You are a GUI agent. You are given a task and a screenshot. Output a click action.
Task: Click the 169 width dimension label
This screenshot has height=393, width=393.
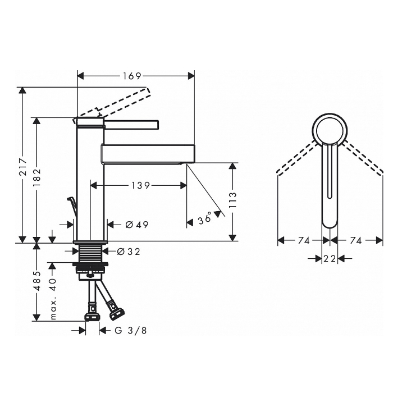(132, 76)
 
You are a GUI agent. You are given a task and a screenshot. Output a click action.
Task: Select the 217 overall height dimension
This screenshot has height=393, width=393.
(23, 166)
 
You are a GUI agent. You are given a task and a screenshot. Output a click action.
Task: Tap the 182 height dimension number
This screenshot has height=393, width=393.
(37, 177)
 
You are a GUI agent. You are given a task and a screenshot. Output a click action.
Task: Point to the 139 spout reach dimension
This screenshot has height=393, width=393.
(140, 185)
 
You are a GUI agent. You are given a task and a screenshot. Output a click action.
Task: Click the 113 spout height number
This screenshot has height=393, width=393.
(232, 200)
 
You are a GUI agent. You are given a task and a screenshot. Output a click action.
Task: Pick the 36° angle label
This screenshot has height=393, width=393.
(205, 218)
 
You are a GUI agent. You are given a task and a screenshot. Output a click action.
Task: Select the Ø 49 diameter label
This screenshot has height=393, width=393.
(137, 225)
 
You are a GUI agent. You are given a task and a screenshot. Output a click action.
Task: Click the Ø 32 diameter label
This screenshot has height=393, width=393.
(129, 252)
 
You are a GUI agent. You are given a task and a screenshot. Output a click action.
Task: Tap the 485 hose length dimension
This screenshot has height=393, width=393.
(37, 281)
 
